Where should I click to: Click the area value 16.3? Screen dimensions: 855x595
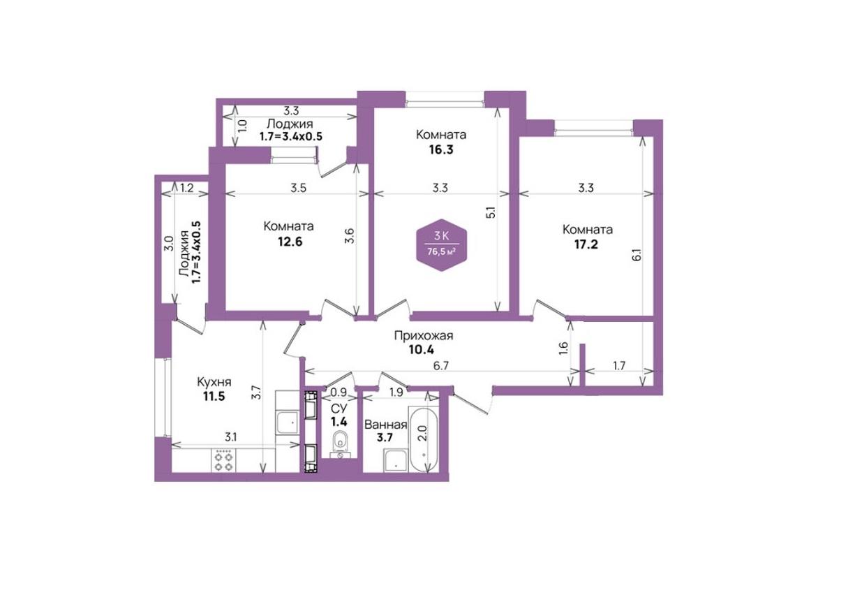pos(441,149)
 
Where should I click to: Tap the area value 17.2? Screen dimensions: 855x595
pos(586,244)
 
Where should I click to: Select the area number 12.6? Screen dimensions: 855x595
pos(290,242)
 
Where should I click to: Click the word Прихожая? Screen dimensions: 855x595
pos(424,336)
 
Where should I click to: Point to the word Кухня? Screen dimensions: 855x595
pos(214,382)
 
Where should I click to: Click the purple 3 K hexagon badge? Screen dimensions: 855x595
pos(442,245)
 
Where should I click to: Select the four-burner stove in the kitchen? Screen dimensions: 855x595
pos(223,460)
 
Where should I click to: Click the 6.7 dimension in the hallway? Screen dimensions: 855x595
pos(440,365)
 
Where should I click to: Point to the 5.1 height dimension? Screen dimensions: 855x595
pos(491,212)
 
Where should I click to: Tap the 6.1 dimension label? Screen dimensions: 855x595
pos(637,255)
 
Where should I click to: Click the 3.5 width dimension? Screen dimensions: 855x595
pos(298,188)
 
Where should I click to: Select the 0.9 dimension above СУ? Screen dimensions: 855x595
pos(339,392)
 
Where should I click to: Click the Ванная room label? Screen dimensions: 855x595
pos(385,425)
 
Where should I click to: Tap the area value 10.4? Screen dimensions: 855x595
pos(422,349)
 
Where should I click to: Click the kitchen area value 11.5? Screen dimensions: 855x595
pos(214,397)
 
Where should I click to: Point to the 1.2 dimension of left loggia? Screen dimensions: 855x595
pos(187,188)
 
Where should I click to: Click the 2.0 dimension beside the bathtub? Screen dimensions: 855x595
pos(422,434)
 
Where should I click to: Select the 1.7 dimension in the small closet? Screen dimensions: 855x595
pos(619,366)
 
